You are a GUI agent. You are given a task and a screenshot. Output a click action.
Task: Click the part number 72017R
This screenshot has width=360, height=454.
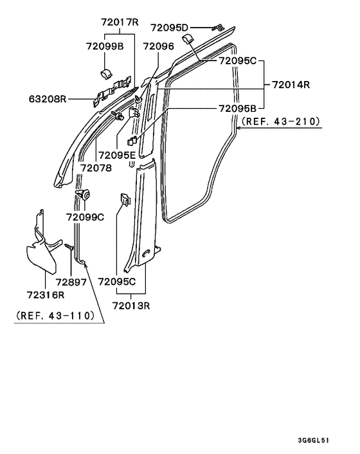120,22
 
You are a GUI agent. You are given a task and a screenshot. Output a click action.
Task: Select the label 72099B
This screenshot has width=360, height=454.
105,46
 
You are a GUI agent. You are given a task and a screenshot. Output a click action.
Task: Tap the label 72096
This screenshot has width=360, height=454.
159,46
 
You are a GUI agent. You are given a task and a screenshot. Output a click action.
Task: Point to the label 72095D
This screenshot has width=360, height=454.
169,28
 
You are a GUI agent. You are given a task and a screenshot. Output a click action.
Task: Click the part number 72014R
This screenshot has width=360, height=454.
291,84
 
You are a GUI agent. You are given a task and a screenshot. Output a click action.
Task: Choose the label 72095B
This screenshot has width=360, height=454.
237,108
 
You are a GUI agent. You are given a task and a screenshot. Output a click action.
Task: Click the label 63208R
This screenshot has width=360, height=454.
48,99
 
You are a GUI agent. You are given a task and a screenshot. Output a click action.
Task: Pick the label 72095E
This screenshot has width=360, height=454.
117,156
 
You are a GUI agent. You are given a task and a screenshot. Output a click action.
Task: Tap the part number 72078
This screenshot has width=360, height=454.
96,168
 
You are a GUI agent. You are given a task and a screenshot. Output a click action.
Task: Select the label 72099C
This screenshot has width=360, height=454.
85,217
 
